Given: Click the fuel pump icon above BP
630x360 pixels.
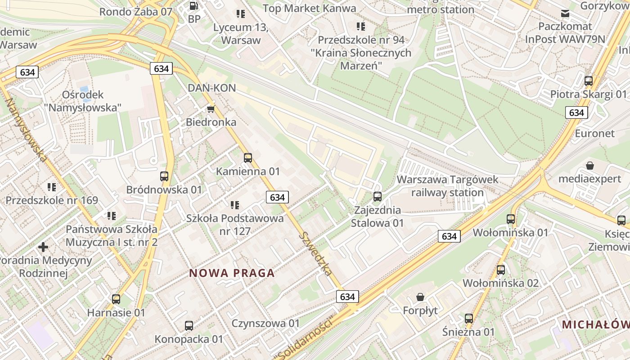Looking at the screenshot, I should click(x=194, y=6).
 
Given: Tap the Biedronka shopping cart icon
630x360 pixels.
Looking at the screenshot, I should click(x=211, y=109).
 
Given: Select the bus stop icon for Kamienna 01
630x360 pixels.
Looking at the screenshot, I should click(x=247, y=158).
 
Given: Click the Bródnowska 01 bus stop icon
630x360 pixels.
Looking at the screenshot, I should click(x=164, y=176).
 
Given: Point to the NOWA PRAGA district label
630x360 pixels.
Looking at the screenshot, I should click(x=232, y=273).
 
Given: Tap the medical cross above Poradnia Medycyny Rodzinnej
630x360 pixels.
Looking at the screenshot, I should click(x=43, y=247).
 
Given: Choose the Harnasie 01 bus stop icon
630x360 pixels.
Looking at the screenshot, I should click(x=116, y=299).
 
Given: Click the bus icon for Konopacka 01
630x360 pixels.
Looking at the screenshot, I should click(x=189, y=325).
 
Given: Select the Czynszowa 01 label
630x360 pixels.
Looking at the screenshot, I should click(x=265, y=324).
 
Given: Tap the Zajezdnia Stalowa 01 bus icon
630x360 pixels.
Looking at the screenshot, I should click(x=378, y=197).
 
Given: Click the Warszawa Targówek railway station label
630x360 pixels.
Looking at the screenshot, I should click(x=447, y=186).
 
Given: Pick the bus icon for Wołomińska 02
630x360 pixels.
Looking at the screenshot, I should click(x=501, y=270).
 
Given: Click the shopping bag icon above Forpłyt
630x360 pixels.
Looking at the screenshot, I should click(x=420, y=297).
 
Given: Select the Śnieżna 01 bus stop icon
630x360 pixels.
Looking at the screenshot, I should click(x=469, y=319).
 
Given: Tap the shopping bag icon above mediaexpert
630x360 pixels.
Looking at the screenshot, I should click(x=590, y=166).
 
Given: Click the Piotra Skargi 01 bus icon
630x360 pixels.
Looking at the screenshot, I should click(x=589, y=81).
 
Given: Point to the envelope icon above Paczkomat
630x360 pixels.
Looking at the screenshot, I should click(x=565, y=13).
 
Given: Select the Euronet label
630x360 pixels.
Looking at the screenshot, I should click(x=594, y=134).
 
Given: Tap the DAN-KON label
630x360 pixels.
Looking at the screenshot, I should click(x=211, y=88).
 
